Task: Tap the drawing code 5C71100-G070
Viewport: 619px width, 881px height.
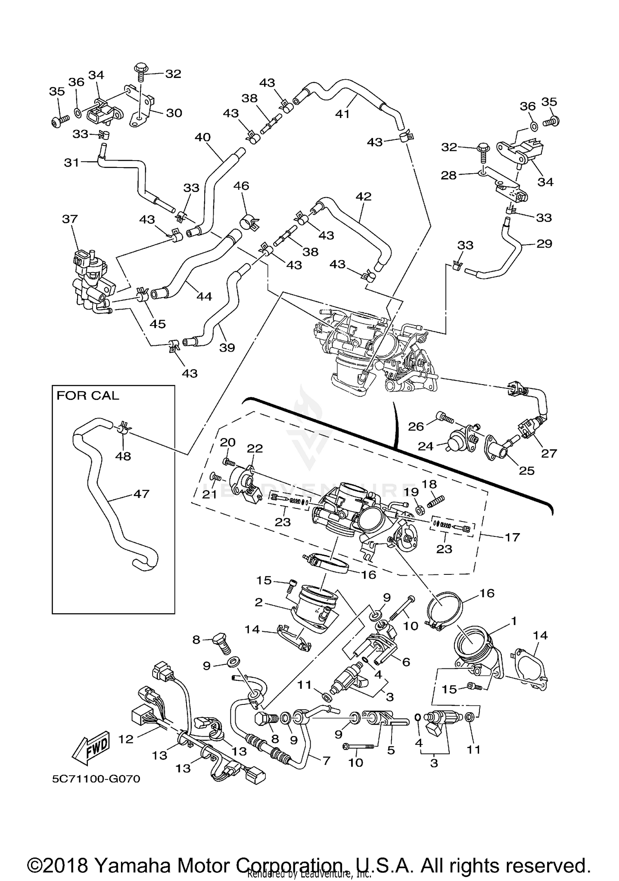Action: (96, 779)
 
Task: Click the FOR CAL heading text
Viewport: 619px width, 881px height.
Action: (87, 396)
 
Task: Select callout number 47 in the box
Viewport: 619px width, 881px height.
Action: (141, 494)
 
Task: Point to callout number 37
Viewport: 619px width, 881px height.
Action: (70, 219)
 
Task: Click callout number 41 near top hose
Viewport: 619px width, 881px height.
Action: (343, 114)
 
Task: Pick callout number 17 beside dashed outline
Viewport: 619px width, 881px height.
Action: (512, 537)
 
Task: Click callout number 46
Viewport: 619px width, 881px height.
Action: (241, 186)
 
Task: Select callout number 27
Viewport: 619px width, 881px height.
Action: (549, 453)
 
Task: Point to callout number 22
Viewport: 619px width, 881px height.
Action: (255, 448)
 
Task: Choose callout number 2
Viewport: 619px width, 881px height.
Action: (258, 602)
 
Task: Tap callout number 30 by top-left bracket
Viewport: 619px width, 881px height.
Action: (174, 113)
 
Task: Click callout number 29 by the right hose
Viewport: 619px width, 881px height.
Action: (544, 243)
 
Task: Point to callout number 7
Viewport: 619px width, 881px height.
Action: (326, 760)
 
